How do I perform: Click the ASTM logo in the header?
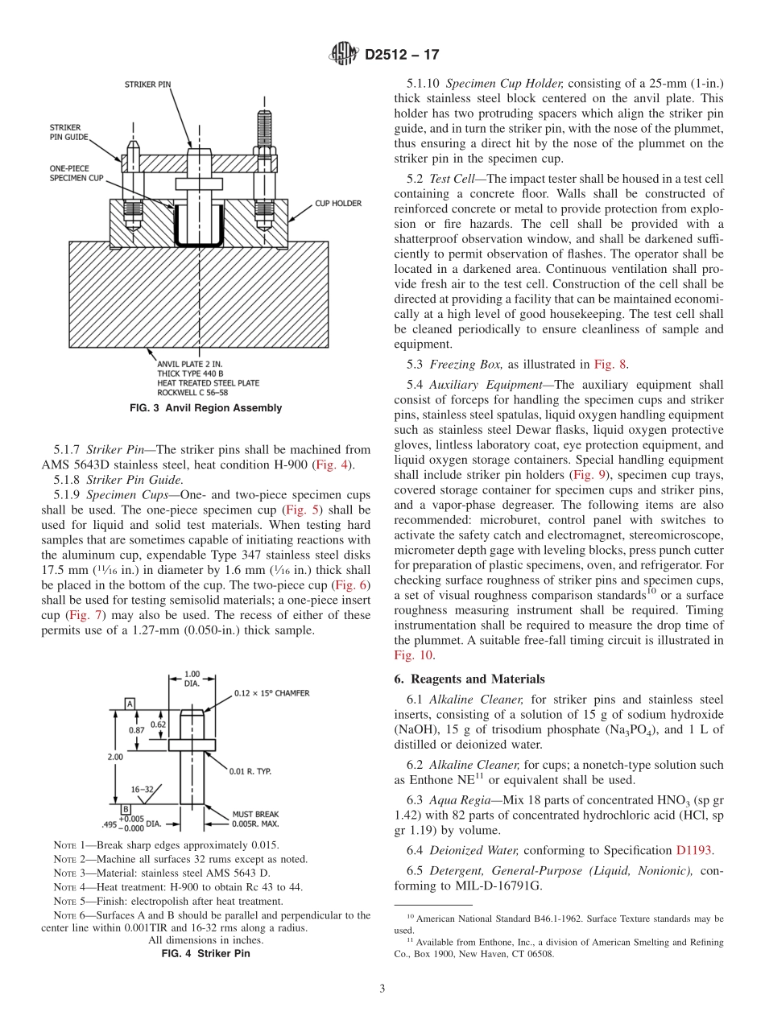[344, 55]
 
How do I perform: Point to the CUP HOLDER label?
[337, 204]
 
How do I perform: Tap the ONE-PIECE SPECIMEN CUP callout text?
[76, 172]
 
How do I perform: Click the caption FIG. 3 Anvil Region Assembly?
[206, 408]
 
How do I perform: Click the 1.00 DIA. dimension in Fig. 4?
[192, 679]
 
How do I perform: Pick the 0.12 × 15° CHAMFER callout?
[271, 692]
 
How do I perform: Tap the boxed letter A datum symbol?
[129, 704]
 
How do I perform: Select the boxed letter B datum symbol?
[126, 809]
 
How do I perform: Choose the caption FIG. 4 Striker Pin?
[206, 953]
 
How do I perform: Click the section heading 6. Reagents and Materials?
[469, 679]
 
